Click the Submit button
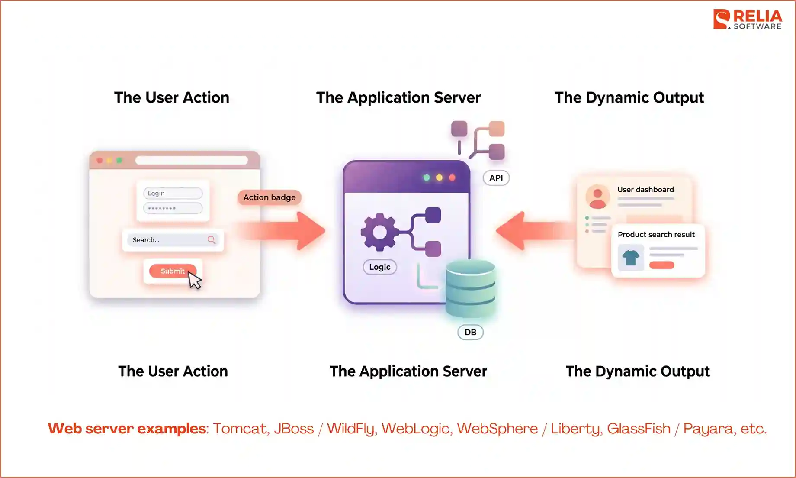pyautogui.click(x=172, y=271)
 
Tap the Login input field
pyautogui.click(x=173, y=193)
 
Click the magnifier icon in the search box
pyautogui.click(x=211, y=239)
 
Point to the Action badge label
pyautogui.click(x=269, y=197)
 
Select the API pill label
pyautogui.click(x=496, y=178)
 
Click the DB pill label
pyautogui.click(x=470, y=332)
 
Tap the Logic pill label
pyautogui.click(x=379, y=267)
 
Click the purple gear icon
pyautogui.click(x=379, y=232)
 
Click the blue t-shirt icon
pyautogui.click(x=631, y=258)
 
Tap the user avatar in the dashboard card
pyautogui.click(x=597, y=197)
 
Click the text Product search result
pyautogui.click(x=656, y=235)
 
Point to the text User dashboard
pyautogui.click(x=645, y=190)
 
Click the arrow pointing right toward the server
pyautogui.click(x=286, y=231)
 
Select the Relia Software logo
pyautogui.click(x=748, y=19)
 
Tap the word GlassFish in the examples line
pyautogui.click(x=638, y=429)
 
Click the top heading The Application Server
pyautogui.click(x=398, y=97)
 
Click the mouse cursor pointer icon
pyautogui.click(x=194, y=280)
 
